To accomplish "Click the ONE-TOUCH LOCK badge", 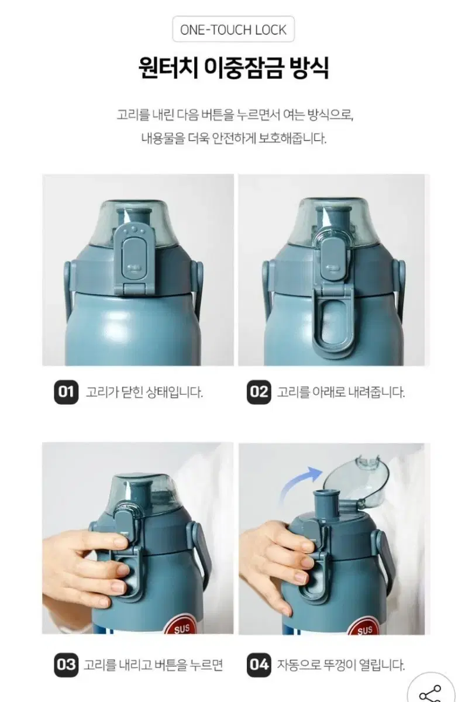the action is [233, 29].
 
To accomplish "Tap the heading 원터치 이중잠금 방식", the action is [233, 68].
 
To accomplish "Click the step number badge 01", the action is [66, 392].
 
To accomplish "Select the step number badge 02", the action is [259, 392].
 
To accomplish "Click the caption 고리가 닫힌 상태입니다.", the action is [144, 392].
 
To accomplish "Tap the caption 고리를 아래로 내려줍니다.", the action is [341, 392].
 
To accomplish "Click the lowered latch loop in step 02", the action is [333, 322].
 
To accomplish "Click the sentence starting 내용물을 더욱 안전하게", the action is [234, 138].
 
